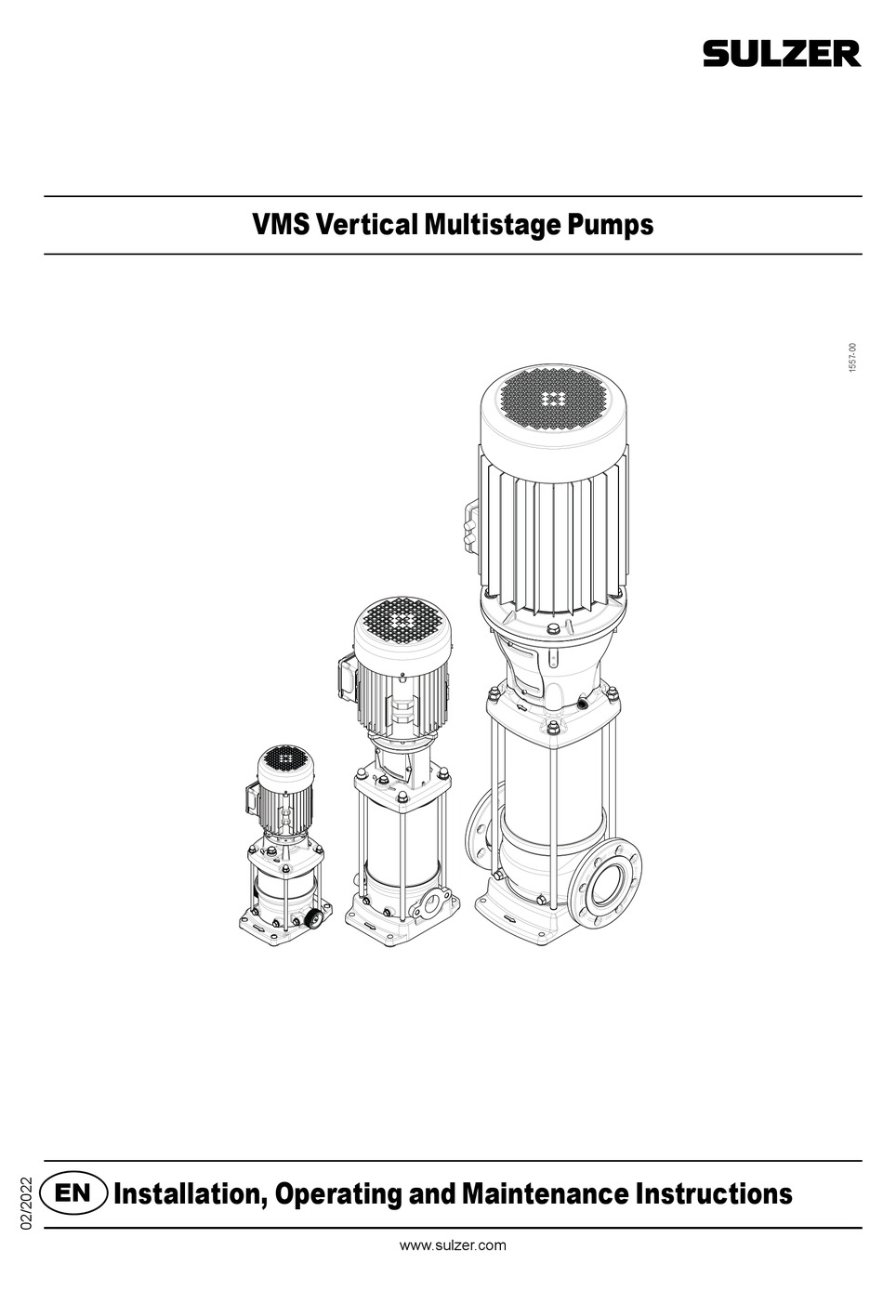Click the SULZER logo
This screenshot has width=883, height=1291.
coord(781,55)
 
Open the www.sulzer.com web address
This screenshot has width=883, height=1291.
coord(453,1245)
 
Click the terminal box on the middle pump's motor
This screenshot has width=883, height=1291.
coord(341,677)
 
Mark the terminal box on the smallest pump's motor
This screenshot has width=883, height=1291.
coord(250,797)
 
